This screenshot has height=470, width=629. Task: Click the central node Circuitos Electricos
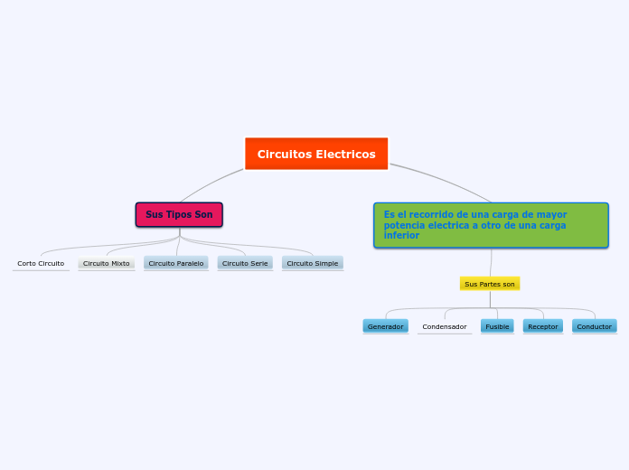point(316,154)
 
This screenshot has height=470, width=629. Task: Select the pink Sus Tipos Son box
point(179,214)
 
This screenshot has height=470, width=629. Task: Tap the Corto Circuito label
point(41,263)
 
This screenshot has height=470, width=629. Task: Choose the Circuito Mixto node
point(107,263)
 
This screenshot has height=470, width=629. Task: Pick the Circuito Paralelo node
point(175,263)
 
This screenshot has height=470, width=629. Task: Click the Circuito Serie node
point(245,263)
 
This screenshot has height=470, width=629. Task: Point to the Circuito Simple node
point(313,263)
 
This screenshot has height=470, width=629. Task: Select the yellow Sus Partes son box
point(490,284)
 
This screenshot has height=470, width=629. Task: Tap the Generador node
point(386,326)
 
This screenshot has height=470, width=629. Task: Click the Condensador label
point(445,326)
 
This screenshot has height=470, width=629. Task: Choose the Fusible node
point(497,326)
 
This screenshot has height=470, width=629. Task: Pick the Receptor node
point(543,326)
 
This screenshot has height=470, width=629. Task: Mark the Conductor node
point(595,326)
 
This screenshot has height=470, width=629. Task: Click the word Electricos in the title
point(345,155)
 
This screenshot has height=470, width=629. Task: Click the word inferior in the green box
point(401,235)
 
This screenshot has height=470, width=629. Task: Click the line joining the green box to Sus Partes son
point(491,262)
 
